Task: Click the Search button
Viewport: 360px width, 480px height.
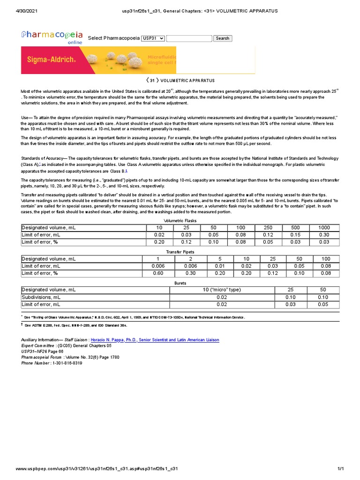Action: pos(222,38)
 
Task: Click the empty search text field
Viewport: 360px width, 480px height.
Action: pos(189,38)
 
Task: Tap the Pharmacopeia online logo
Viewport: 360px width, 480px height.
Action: pos(52,37)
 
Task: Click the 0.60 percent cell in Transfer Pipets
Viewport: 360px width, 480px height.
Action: pos(158,273)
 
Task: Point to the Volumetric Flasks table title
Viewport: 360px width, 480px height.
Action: pos(180,220)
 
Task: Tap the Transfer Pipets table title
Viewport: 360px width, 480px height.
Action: pos(180,252)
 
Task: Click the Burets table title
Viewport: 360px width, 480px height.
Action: pos(180,283)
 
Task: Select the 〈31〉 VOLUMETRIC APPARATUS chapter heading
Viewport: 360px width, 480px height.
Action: pos(180,81)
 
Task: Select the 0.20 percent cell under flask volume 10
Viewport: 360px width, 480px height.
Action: pos(158,242)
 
